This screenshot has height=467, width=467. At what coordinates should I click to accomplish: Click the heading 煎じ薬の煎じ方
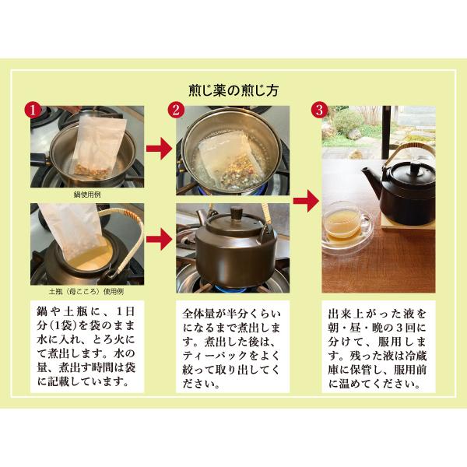point(233,90)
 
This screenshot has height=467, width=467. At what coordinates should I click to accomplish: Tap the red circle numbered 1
point(32,109)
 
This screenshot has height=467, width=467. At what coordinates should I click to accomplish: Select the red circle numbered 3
point(318,109)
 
